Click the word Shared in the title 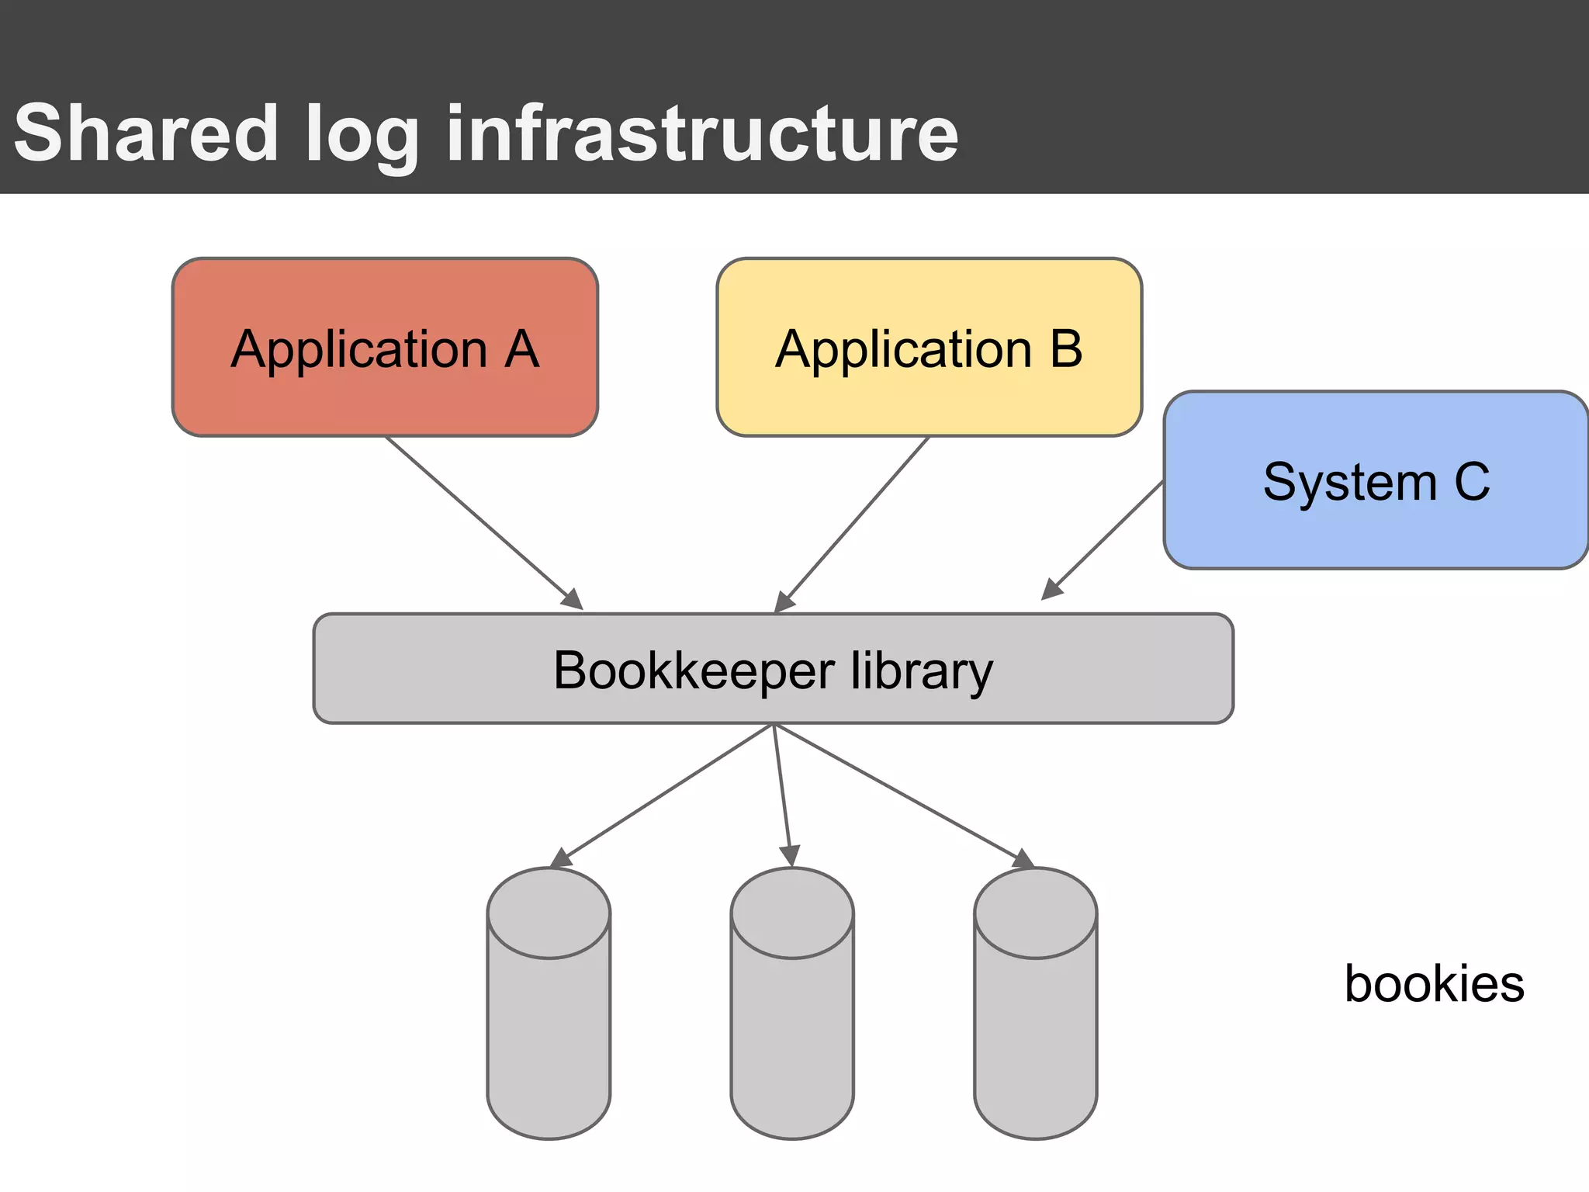click(146, 133)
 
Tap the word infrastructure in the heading click(702, 133)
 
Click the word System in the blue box click(1349, 482)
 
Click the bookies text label click(1434, 984)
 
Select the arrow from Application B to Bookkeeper click(853, 524)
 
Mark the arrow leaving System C click(1105, 539)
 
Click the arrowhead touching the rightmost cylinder click(1023, 859)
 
